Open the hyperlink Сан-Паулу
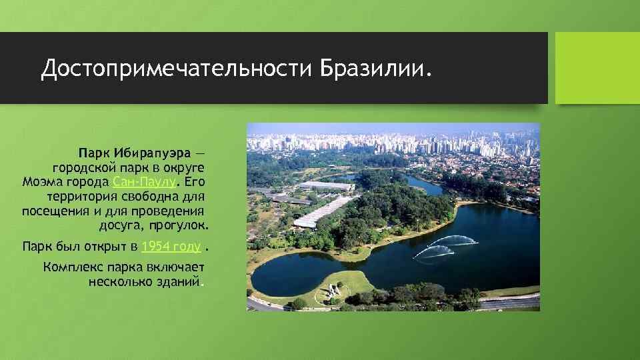coord(145,181)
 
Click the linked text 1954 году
coord(171,247)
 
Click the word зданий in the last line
coord(179,282)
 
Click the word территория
coord(79,197)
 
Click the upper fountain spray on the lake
coord(455,239)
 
